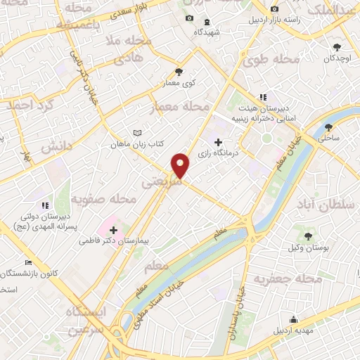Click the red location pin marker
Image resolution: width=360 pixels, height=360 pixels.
181,165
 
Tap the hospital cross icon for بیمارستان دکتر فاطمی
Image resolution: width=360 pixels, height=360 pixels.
114,229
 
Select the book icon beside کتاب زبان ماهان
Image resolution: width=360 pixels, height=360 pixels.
138,133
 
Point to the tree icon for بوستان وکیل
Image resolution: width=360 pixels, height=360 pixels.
309,235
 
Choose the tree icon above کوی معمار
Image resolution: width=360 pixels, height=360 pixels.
179,71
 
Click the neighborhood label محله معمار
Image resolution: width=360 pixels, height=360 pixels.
181,107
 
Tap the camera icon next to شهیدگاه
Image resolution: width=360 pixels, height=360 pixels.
189,18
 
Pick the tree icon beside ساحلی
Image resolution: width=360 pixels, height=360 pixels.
329,127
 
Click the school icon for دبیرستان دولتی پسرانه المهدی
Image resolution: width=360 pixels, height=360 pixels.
45,205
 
